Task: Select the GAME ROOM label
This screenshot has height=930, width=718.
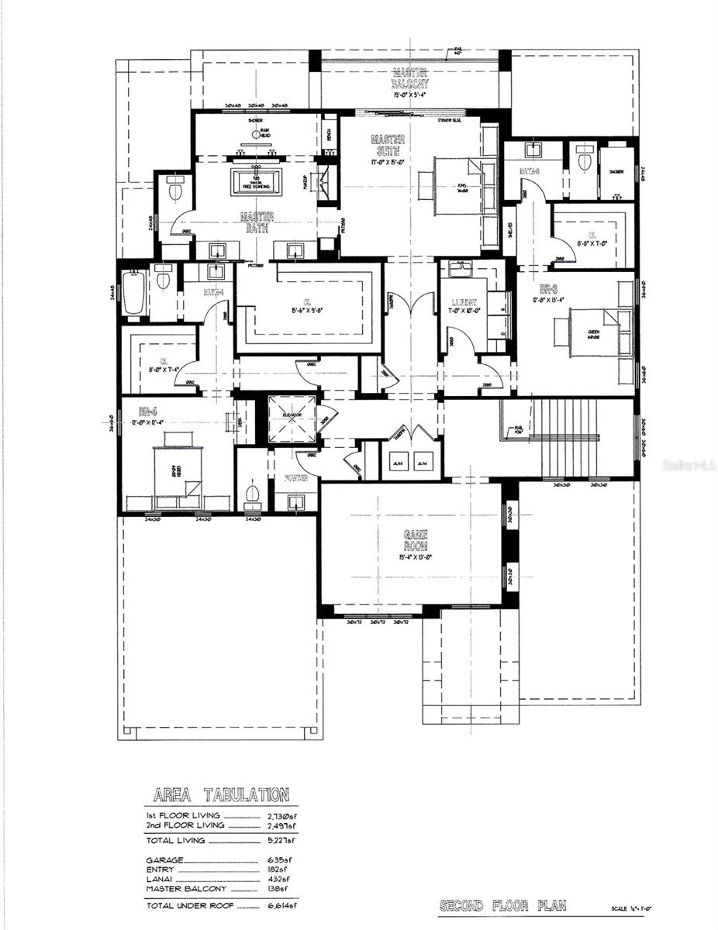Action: (411, 540)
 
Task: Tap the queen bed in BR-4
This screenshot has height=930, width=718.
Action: (177, 469)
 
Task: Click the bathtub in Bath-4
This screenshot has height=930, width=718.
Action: (133, 293)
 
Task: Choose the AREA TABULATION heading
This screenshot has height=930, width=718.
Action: (221, 795)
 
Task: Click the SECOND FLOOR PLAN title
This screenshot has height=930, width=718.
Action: (502, 905)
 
